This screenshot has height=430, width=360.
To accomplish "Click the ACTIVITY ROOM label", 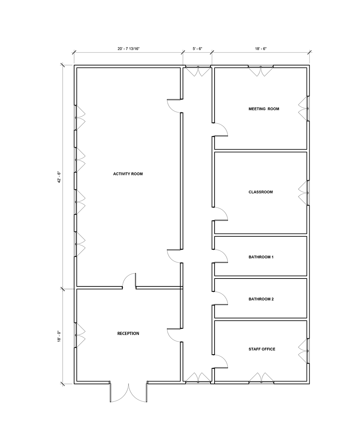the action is tap(128, 174).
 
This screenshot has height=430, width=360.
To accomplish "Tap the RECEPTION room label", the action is tap(128, 334).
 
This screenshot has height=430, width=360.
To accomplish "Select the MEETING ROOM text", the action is tap(264, 109).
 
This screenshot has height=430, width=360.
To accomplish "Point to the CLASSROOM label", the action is tap(261, 192).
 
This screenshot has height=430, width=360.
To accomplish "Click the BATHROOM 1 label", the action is tap(261, 257).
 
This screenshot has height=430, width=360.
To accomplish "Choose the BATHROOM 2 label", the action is tap(261, 299).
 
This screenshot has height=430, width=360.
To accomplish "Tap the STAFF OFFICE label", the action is tap(262, 349).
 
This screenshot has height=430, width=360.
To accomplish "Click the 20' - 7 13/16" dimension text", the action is tap(129, 49).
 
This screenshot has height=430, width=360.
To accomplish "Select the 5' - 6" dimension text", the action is tap(197, 49).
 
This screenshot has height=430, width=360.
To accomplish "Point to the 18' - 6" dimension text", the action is tap(261, 49).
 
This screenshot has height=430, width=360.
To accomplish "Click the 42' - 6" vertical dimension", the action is tap(58, 177).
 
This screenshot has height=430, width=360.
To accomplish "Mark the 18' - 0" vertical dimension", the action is tap(58, 336).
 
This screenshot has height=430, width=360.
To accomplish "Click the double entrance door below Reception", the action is tap(129, 393).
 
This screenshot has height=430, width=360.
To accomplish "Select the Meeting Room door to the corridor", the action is tap(220, 130).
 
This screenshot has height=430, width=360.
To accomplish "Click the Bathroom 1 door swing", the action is tap(220, 256).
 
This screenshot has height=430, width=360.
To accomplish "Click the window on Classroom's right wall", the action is tap(304, 193).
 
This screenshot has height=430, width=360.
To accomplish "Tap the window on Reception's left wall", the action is tap(80, 335).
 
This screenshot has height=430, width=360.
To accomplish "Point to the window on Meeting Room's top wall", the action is tap(261, 71).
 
